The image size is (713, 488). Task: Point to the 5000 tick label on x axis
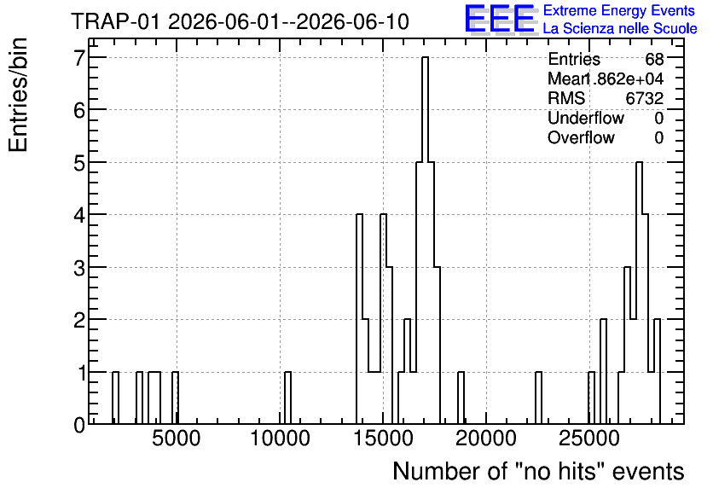tap(176, 439)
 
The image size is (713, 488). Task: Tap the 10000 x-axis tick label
tap(280, 439)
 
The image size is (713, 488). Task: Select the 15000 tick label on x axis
tap(383, 439)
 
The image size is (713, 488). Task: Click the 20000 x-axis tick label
tap(486, 439)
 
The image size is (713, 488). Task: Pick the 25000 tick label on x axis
tap(589, 439)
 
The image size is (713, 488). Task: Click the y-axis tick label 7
tap(79, 57)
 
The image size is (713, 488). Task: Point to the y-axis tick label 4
tap(79, 215)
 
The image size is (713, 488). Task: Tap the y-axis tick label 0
tap(79, 425)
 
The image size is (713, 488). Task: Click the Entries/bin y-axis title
tap(18, 96)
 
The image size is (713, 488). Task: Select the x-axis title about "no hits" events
tap(538, 471)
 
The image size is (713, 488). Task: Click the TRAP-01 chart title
tap(241, 21)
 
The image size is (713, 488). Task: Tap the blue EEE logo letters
tap(499, 19)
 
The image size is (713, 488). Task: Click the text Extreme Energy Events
tap(619, 10)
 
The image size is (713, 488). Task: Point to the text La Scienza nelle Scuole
tap(620, 29)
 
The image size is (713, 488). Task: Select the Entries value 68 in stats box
tap(654, 59)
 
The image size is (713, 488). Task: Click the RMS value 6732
tap(644, 98)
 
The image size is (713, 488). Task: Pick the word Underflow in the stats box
tap(586, 119)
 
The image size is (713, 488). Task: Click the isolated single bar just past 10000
tap(287, 398)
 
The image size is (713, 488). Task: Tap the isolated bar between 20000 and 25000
tap(538, 398)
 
